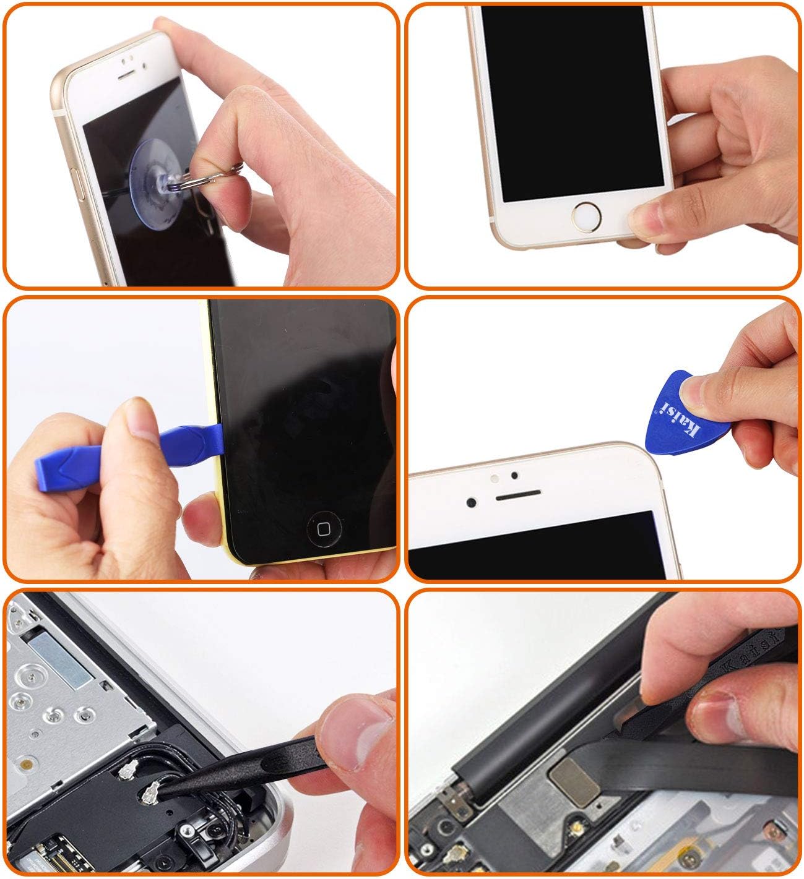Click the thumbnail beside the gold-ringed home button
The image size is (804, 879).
[x=646, y=218]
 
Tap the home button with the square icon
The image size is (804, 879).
[x=324, y=529]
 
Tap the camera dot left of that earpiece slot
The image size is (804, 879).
[x=472, y=502]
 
